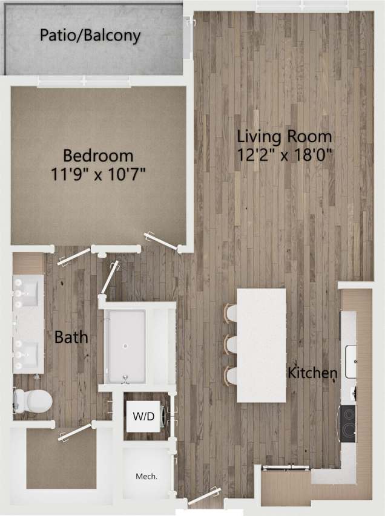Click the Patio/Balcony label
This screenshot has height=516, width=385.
pyautogui.click(x=90, y=35)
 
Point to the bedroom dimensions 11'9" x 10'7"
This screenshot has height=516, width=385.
pyautogui.click(x=98, y=175)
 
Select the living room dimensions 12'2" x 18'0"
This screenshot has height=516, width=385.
pyautogui.click(x=284, y=154)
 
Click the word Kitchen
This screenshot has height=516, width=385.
pyautogui.click(x=312, y=372)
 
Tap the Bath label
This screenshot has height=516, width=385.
pyautogui.click(x=71, y=337)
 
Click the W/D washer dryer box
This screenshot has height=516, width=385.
pyautogui.click(x=143, y=417)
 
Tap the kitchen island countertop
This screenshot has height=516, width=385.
pyautogui.click(x=261, y=345)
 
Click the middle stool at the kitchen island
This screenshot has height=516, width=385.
pyautogui.click(x=230, y=344)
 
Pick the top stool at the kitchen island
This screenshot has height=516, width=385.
pyautogui.click(x=230, y=314)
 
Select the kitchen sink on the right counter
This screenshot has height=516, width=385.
pyautogui.click(x=351, y=353)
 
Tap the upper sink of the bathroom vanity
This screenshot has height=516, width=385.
pyautogui.click(x=28, y=293)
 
